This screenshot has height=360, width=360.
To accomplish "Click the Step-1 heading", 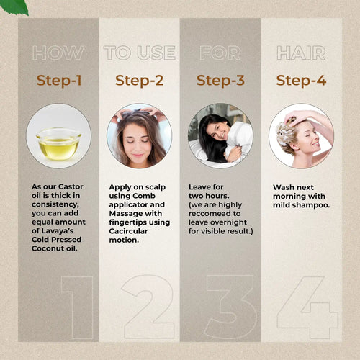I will [x=58, y=81].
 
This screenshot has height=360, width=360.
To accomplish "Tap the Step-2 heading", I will [x=139, y=81].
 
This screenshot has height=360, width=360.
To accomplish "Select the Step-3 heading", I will [x=220, y=81].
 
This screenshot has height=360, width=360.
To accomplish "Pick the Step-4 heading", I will [x=301, y=81].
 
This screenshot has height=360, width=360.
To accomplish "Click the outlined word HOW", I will [x=58, y=53].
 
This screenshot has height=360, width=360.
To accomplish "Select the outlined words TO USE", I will [x=139, y=53].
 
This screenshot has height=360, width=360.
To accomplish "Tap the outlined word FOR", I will [x=220, y=53].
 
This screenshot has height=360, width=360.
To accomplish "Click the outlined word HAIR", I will [x=301, y=53].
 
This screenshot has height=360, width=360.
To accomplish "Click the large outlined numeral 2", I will [x=148, y=306].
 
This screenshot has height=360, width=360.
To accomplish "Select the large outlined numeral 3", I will [x=228, y=306].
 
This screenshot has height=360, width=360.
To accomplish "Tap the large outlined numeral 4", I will [x=307, y=306].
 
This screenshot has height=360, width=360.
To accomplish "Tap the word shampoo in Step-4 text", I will [x=308, y=204].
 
